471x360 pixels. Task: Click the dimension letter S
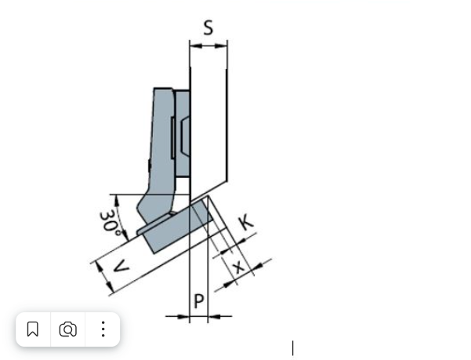point(208,27)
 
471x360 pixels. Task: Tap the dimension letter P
point(199,301)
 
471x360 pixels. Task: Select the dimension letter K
point(246,222)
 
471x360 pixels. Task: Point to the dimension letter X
point(239,267)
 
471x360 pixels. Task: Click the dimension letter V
point(121,267)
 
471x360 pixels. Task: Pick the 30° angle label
point(110,223)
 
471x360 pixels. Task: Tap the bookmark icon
point(33,329)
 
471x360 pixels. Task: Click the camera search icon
point(68,329)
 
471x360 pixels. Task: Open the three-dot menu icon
point(103,329)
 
